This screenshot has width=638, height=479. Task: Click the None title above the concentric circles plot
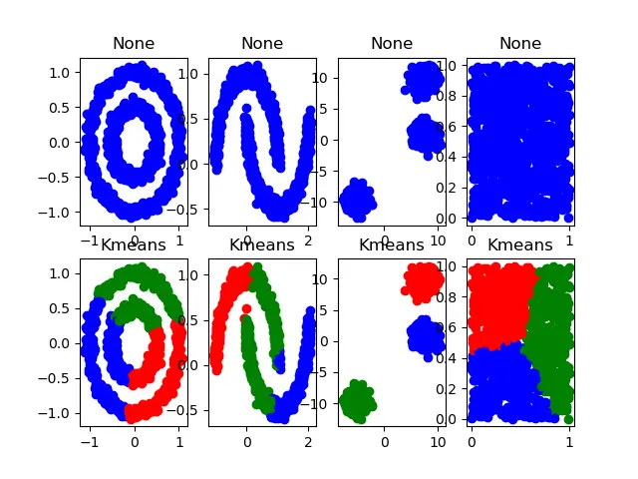tap(134, 43)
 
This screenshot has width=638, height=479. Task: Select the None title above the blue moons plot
tap(262, 43)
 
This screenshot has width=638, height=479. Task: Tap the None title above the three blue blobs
tap(392, 43)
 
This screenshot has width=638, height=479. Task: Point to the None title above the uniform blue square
tap(520, 43)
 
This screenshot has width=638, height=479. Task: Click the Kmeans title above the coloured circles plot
tap(134, 244)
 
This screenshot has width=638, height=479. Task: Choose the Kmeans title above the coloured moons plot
tap(262, 244)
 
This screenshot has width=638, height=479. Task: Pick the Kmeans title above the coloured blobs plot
tap(392, 244)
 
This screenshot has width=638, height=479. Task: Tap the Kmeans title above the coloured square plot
tap(520, 244)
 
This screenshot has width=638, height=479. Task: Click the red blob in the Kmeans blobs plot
tap(423, 281)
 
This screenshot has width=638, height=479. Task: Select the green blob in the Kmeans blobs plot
tap(357, 402)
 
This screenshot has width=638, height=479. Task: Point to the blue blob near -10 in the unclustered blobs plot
tap(357, 201)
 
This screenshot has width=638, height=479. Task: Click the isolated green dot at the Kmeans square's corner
tap(568, 419)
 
